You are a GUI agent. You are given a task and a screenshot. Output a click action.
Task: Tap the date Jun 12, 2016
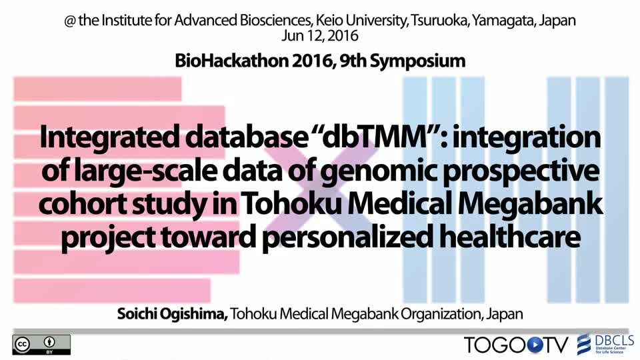[319, 36]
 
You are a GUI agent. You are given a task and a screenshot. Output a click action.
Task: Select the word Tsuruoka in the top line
[439, 20]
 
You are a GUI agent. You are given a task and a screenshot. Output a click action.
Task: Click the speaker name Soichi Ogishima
[172, 314]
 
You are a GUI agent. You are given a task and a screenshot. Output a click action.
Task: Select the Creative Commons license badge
[41, 345]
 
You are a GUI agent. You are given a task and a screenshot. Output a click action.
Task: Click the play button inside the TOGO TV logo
[535, 345]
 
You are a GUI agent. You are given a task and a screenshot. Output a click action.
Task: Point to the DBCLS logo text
[615, 341]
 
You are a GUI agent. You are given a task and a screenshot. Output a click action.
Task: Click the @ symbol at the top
[70, 21]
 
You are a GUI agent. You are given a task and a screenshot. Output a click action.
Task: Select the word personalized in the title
[347, 237]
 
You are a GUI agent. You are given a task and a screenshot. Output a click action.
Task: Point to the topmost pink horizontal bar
[97, 89]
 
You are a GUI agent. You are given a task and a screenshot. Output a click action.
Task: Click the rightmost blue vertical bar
[617, 190]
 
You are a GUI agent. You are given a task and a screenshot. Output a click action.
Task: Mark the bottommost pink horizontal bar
[112, 291]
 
